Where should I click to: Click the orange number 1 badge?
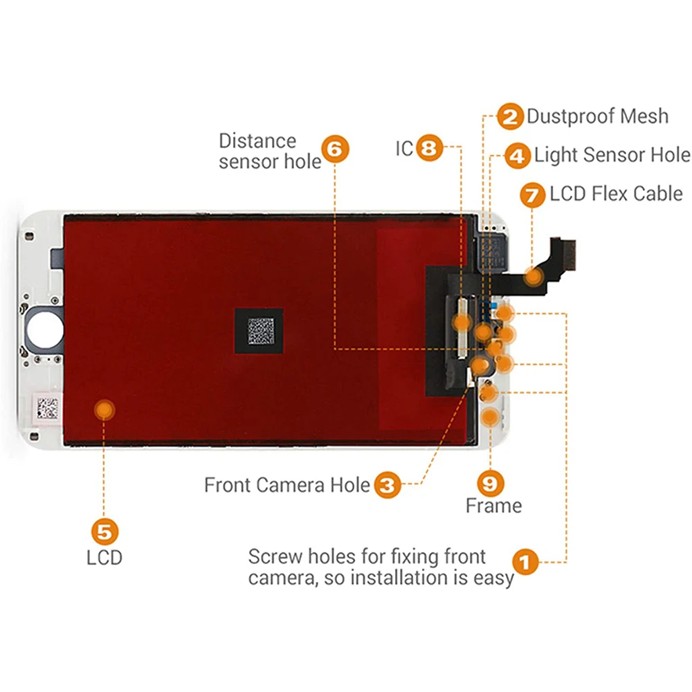coord(525,562)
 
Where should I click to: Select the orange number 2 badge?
coord(511,117)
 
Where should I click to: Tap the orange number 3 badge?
coord(388,484)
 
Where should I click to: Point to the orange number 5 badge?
coord(104,532)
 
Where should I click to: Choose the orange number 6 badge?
coord(336,150)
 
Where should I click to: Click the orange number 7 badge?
coord(533,195)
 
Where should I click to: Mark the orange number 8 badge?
coord(429,149)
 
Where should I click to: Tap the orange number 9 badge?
coord(492,481)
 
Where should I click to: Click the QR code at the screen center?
coord(260,330)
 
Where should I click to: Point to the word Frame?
coord(493,506)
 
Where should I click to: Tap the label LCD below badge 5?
coord(104,557)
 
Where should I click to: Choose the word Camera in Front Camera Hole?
coord(291,485)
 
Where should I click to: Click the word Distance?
coord(257,141)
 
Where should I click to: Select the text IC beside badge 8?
coord(404,149)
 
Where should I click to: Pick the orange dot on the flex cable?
coord(534,277)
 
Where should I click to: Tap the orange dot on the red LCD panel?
coord(104,410)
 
